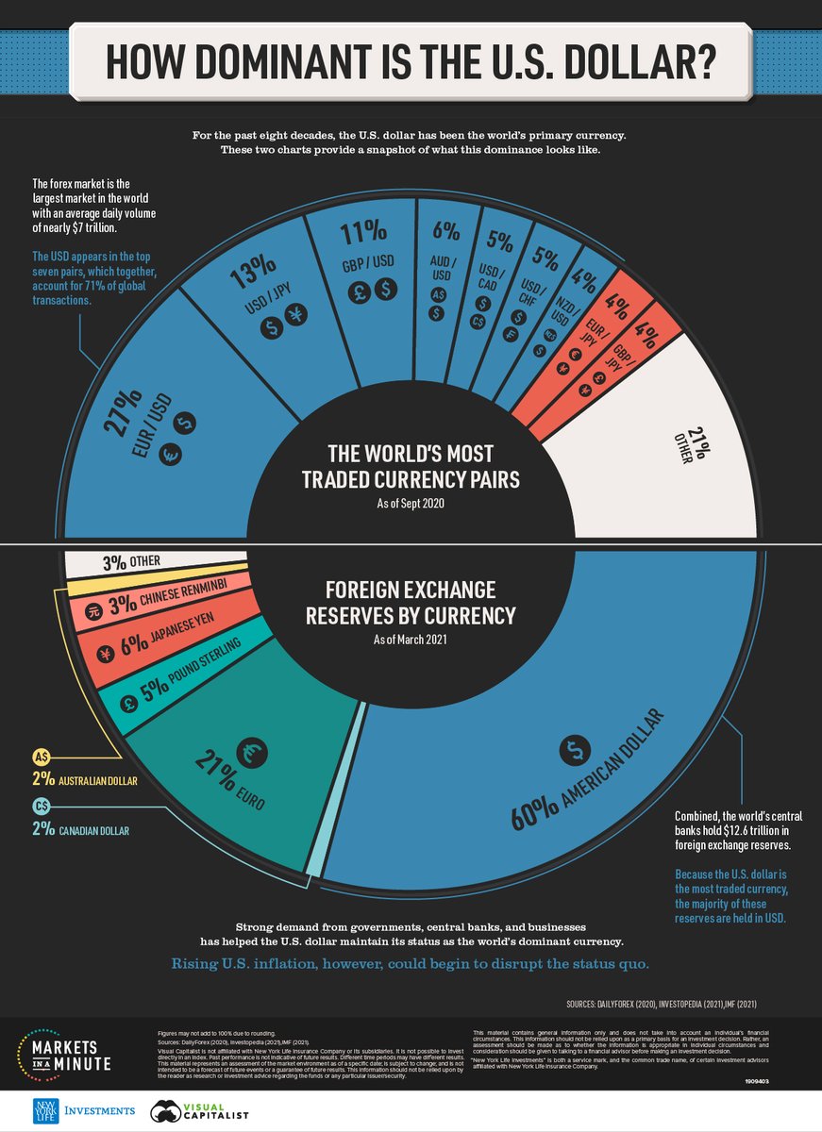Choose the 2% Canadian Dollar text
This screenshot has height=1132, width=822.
point(80,830)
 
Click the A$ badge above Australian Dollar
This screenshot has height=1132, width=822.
point(42,757)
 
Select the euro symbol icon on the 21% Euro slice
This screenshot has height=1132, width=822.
point(252,751)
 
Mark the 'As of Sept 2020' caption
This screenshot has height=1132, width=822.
point(411,504)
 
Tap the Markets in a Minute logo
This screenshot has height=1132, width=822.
point(66,1051)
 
